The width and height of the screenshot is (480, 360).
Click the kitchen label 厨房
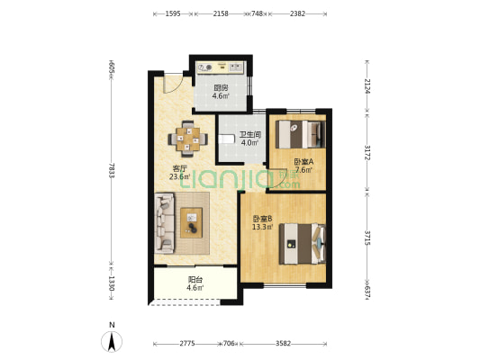pos(221,88)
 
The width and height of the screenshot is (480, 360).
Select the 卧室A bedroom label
pos(303,162)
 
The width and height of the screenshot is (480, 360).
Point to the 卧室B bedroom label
pos(263,219)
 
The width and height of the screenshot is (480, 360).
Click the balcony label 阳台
pos(195,280)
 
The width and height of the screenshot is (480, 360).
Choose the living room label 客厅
pos(180,168)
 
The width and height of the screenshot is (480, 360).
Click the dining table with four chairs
pos(188,139)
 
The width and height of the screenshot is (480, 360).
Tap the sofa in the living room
pos(165,223)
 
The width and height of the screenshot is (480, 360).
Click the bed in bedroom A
pos(300,135)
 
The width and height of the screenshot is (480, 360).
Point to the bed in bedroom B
pos(303,244)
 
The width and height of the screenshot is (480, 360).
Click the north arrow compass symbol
pos(112,341)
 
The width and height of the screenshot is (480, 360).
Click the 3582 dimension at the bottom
pos(283,344)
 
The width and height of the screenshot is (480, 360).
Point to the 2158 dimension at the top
pos(221,13)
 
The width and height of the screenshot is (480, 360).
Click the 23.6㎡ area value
pos(180,176)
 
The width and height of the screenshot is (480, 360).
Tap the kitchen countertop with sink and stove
pos(221,67)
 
